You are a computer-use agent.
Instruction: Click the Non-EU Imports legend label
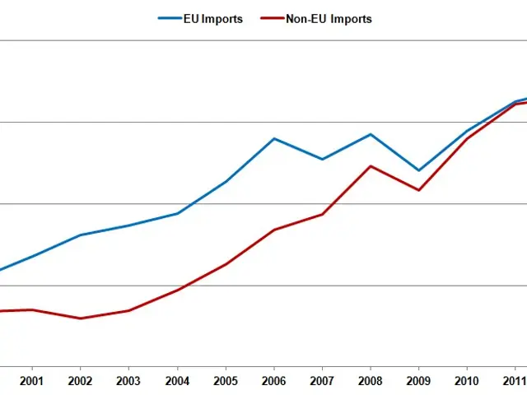click(x=329, y=19)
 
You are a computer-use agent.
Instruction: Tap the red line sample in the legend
click(x=270, y=19)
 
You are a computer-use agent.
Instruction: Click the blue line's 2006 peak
click(x=274, y=138)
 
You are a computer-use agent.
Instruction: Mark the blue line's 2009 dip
click(x=418, y=170)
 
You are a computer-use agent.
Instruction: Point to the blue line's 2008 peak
click(x=371, y=134)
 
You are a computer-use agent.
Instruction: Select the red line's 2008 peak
click(x=371, y=166)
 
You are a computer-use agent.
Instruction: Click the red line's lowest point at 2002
click(x=80, y=318)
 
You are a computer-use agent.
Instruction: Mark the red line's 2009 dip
click(x=419, y=190)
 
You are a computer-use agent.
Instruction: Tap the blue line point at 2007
click(x=322, y=159)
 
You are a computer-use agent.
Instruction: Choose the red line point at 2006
click(x=274, y=230)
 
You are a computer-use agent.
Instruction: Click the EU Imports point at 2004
click(x=177, y=213)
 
